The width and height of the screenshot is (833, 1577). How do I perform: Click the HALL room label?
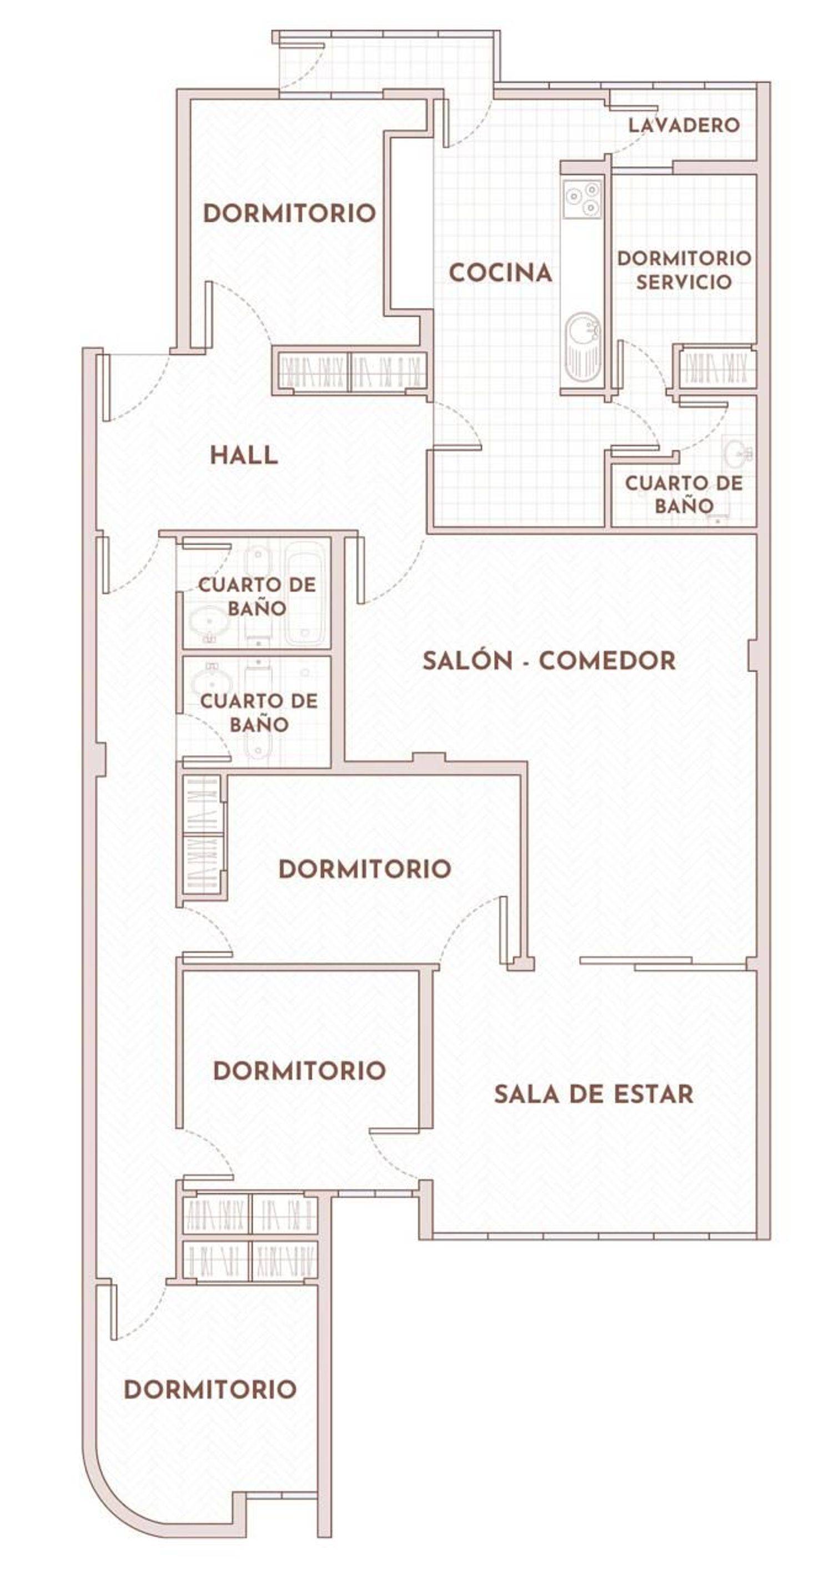(x=244, y=455)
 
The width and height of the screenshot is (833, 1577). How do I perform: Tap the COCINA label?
(x=501, y=273)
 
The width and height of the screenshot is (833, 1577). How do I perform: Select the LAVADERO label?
(x=684, y=125)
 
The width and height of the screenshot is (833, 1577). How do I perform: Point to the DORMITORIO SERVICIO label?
(x=684, y=270)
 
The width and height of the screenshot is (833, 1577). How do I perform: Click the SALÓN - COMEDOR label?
(x=549, y=661)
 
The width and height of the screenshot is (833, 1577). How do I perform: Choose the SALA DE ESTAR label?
(x=594, y=1094)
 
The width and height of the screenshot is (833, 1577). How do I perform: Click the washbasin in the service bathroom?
(x=737, y=453)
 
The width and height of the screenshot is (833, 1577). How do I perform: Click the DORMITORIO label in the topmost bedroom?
(x=289, y=214)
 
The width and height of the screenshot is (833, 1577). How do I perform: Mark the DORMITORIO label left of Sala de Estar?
(x=299, y=1071)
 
